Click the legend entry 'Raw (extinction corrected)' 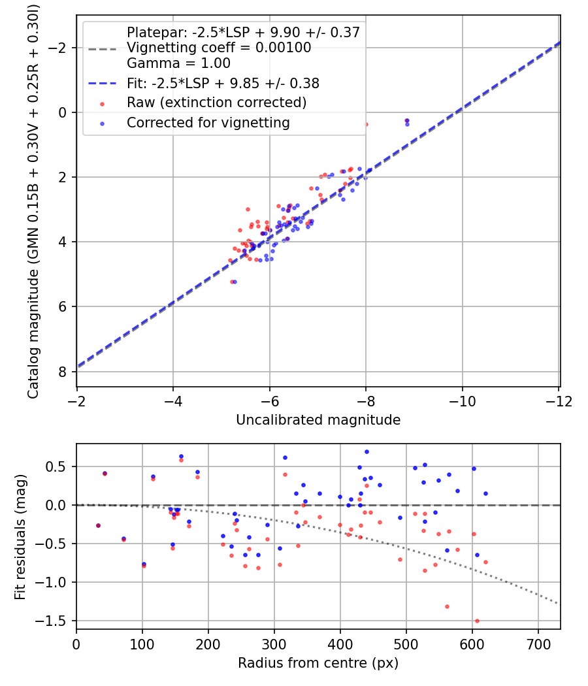(216, 103)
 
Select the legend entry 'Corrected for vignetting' (208, 122)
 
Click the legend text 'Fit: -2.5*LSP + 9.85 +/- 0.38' (223, 84)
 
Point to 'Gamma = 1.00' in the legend (178, 63)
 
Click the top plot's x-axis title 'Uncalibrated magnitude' (318, 419)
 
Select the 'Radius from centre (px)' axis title (318, 663)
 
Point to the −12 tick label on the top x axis (559, 400)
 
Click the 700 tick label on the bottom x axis (538, 644)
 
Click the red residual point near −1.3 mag (447, 606)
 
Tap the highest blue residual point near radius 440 (367, 451)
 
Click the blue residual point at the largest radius (485, 493)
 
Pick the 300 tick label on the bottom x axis (274, 644)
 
